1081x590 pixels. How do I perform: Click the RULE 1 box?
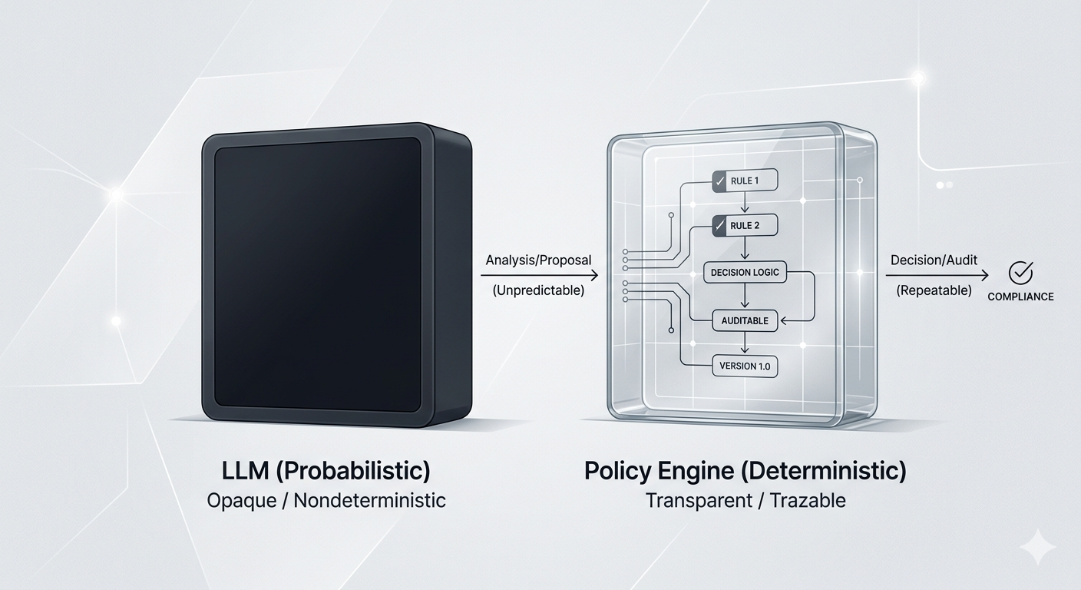click(745, 181)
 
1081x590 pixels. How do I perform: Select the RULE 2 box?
click(745, 226)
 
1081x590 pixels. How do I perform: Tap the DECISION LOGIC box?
click(745, 273)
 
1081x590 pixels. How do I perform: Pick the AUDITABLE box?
click(745, 320)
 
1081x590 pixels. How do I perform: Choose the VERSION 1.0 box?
click(745, 366)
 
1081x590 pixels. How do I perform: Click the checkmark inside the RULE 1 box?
click(720, 181)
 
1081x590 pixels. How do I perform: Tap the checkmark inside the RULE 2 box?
click(720, 226)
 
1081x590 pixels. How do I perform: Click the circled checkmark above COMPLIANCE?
click(1021, 272)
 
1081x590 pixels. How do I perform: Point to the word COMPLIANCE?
click(1020, 297)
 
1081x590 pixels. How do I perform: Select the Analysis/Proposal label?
click(538, 260)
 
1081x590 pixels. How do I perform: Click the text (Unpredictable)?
click(538, 290)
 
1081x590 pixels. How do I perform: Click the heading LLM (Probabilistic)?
click(326, 470)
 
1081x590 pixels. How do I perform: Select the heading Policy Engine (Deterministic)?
click(745, 470)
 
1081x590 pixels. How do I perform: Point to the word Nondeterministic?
click(369, 501)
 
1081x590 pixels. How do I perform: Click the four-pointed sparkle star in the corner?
click(1037, 548)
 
